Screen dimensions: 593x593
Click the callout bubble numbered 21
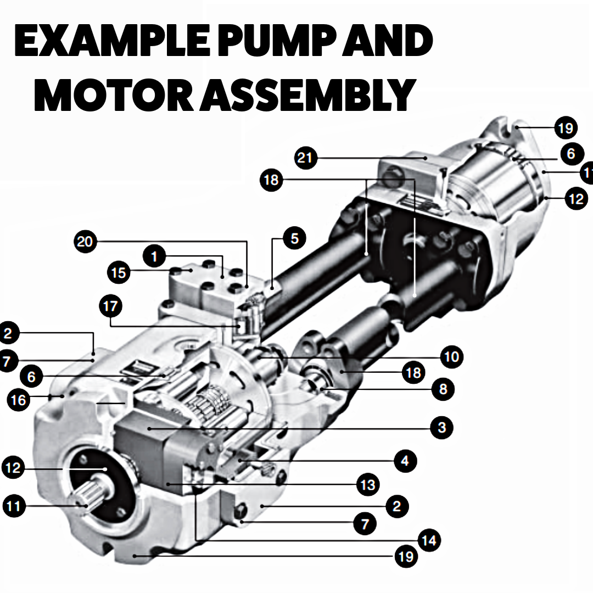pos(305,158)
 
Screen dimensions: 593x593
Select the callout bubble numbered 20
pos(85,242)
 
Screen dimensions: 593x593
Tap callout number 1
pos(154,256)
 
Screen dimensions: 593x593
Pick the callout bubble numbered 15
pos(119,272)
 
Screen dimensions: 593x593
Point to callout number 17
pos(110,306)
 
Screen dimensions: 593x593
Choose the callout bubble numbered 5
pos(295,239)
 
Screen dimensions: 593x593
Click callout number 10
pos(451,357)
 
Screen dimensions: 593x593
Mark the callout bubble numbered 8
pos(443,389)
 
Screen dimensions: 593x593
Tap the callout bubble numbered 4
pos(405,460)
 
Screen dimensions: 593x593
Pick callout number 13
pos(366,484)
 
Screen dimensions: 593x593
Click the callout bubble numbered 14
pos(428,540)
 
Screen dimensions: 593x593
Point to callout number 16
pos(19,400)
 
